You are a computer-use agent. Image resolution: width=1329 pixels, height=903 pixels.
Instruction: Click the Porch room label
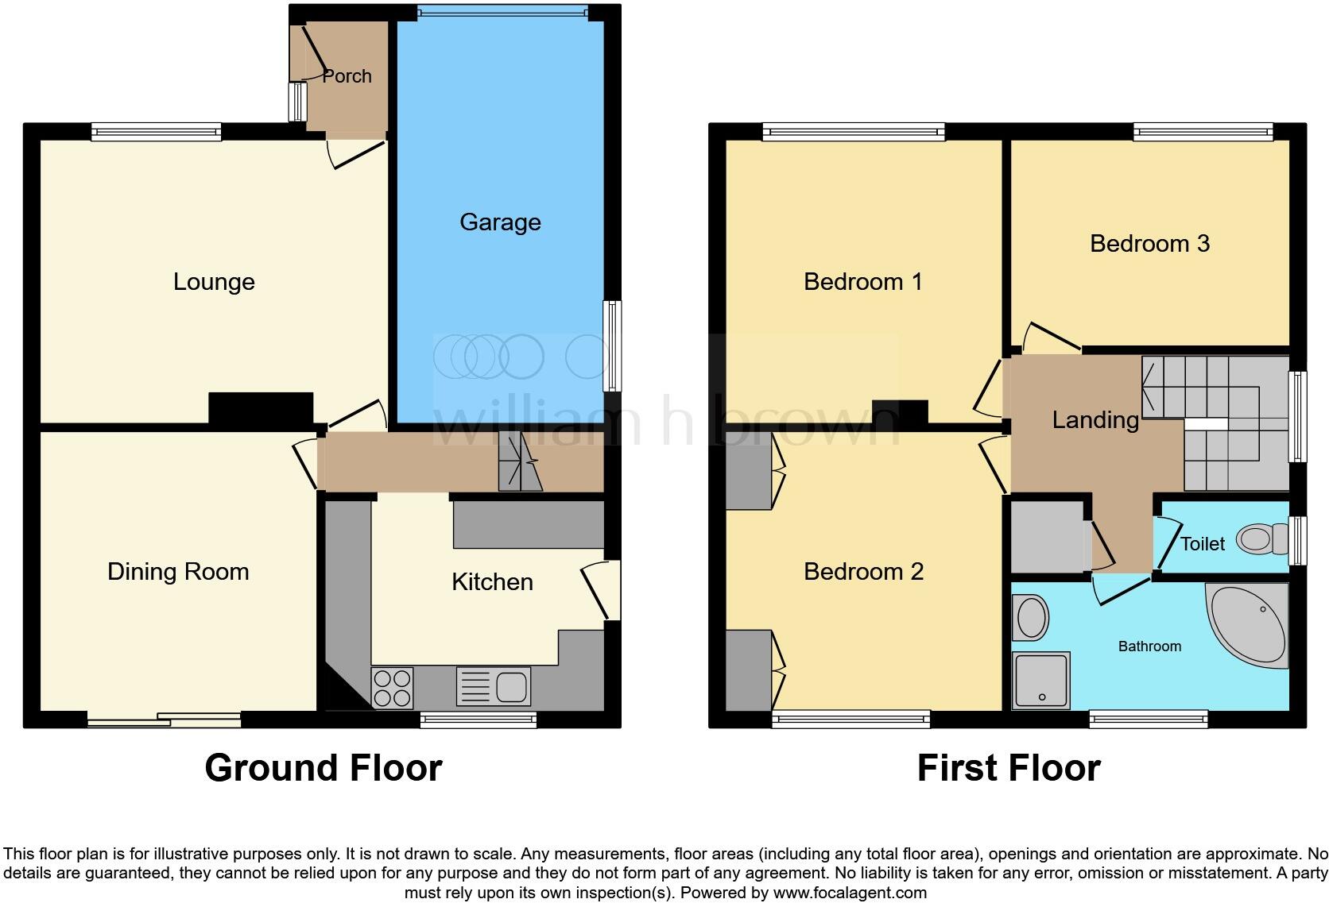tap(347, 76)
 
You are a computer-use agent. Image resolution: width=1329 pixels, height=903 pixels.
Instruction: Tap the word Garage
tap(500, 222)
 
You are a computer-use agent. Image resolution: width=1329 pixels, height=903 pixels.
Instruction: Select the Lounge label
tap(214, 282)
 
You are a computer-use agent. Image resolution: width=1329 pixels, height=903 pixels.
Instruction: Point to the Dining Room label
tap(178, 572)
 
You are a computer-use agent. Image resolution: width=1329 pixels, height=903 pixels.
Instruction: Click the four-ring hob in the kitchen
tap(393, 688)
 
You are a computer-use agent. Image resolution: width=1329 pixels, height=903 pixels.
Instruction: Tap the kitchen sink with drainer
tap(494, 687)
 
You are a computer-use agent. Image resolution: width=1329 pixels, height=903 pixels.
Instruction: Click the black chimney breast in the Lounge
tap(261, 408)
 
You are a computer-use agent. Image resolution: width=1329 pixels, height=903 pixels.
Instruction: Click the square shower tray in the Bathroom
tap(1040, 680)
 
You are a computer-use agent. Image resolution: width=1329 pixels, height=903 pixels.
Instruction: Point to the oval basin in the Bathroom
tap(1031, 618)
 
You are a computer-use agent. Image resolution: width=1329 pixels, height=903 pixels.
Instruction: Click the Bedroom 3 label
tap(1149, 244)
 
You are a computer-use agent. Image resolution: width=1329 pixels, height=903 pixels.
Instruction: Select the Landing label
tap(1095, 420)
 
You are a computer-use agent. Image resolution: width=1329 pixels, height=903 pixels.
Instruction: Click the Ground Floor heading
tap(323, 768)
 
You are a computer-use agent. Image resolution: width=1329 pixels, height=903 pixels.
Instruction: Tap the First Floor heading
tap(1008, 768)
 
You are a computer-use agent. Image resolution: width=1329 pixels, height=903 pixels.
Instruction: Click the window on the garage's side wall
tap(612, 345)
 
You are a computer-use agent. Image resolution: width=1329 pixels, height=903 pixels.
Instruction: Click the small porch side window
tap(298, 102)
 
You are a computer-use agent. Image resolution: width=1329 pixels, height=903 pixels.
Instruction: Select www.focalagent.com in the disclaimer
tap(850, 893)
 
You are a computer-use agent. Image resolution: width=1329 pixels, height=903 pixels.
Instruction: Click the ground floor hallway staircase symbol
tap(520, 461)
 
